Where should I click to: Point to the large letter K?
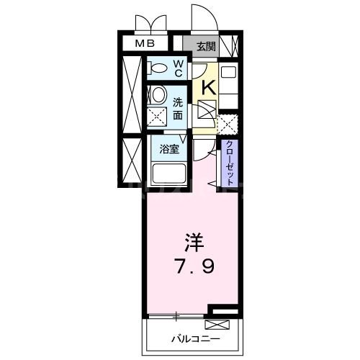point(208,88)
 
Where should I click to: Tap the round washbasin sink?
point(158,94)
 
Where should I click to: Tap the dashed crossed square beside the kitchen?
point(228,125)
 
